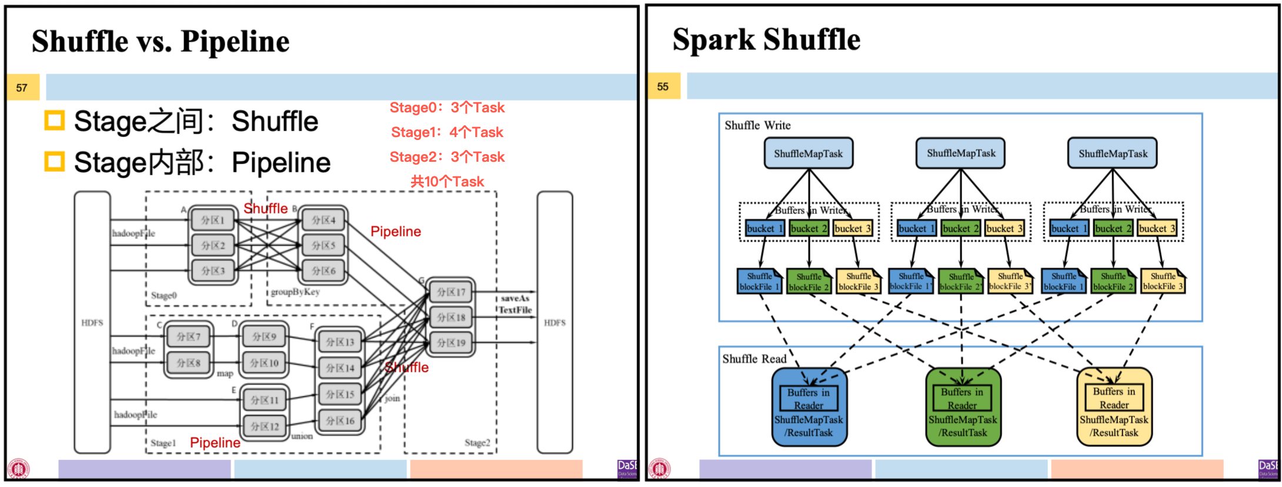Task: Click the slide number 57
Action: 22,88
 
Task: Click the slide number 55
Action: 663,86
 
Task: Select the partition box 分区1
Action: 213,220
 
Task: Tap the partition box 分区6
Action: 323,271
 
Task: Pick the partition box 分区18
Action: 451,317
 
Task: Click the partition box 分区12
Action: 265,426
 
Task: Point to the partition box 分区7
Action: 189,336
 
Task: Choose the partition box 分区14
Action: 340,368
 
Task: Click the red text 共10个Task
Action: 447,182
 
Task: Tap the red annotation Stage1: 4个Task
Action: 447,132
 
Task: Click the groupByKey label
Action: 295,292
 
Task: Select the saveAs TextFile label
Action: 515,304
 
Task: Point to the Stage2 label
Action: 477,442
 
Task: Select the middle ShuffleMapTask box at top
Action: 961,153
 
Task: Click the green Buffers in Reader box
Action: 962,398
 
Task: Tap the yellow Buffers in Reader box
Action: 1114,398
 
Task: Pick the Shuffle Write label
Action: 757,125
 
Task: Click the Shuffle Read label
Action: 754,359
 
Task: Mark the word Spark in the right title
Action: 713,40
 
